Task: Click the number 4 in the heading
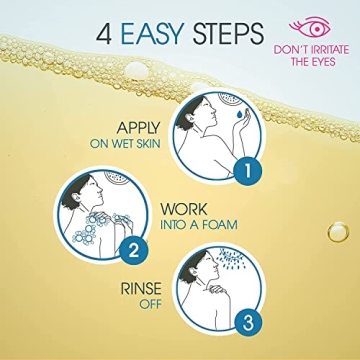pos(105,34)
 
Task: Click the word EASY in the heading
pos(157,34)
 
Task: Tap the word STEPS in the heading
pos(230,34)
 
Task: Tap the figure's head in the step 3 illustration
pos(218,271)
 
